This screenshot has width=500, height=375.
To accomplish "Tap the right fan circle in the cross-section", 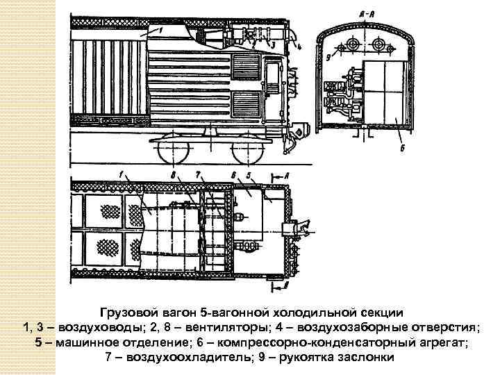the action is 379,44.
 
